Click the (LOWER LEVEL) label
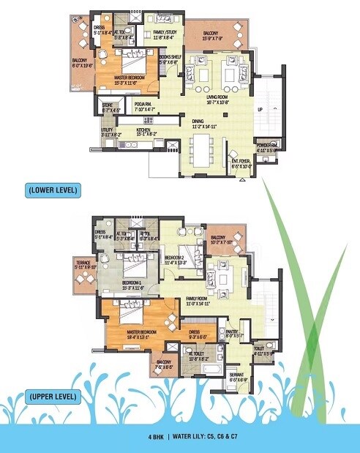[53, 190]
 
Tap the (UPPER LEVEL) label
[53, 397]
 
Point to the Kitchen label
[147, 130]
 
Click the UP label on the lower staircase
[260, 111]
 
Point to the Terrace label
[84, 263]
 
